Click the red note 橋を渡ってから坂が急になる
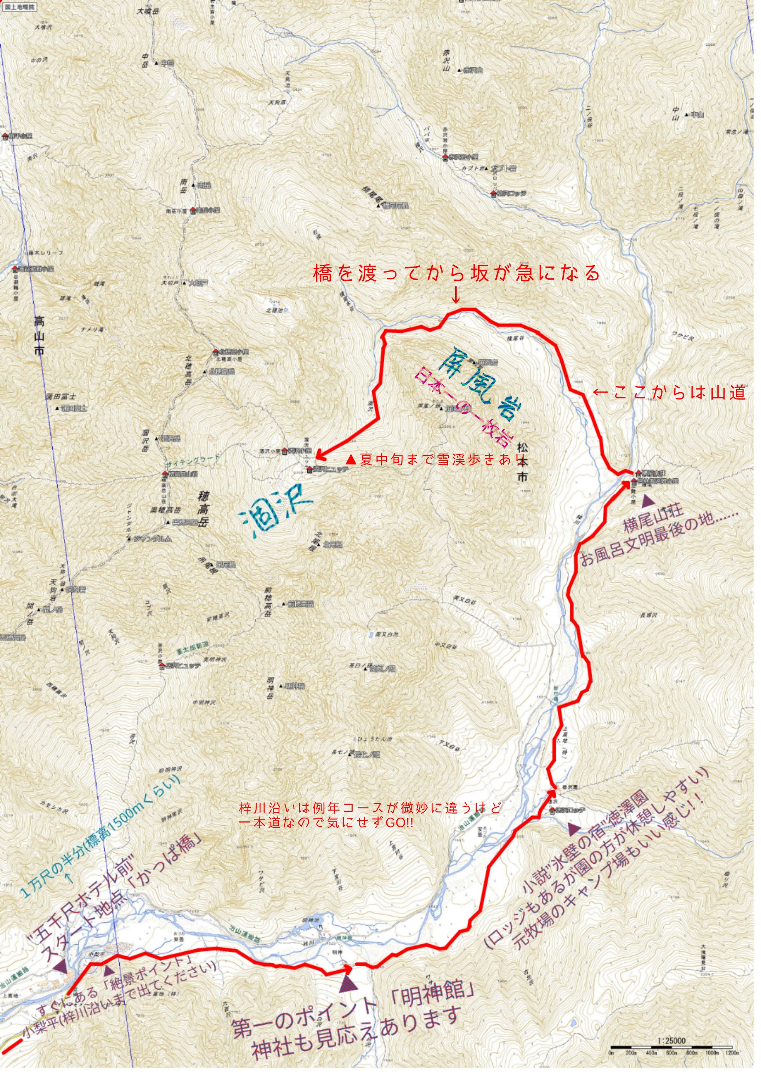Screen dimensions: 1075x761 456,273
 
